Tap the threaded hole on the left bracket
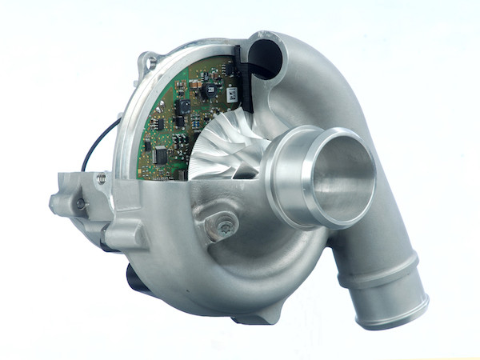(81, 204)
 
